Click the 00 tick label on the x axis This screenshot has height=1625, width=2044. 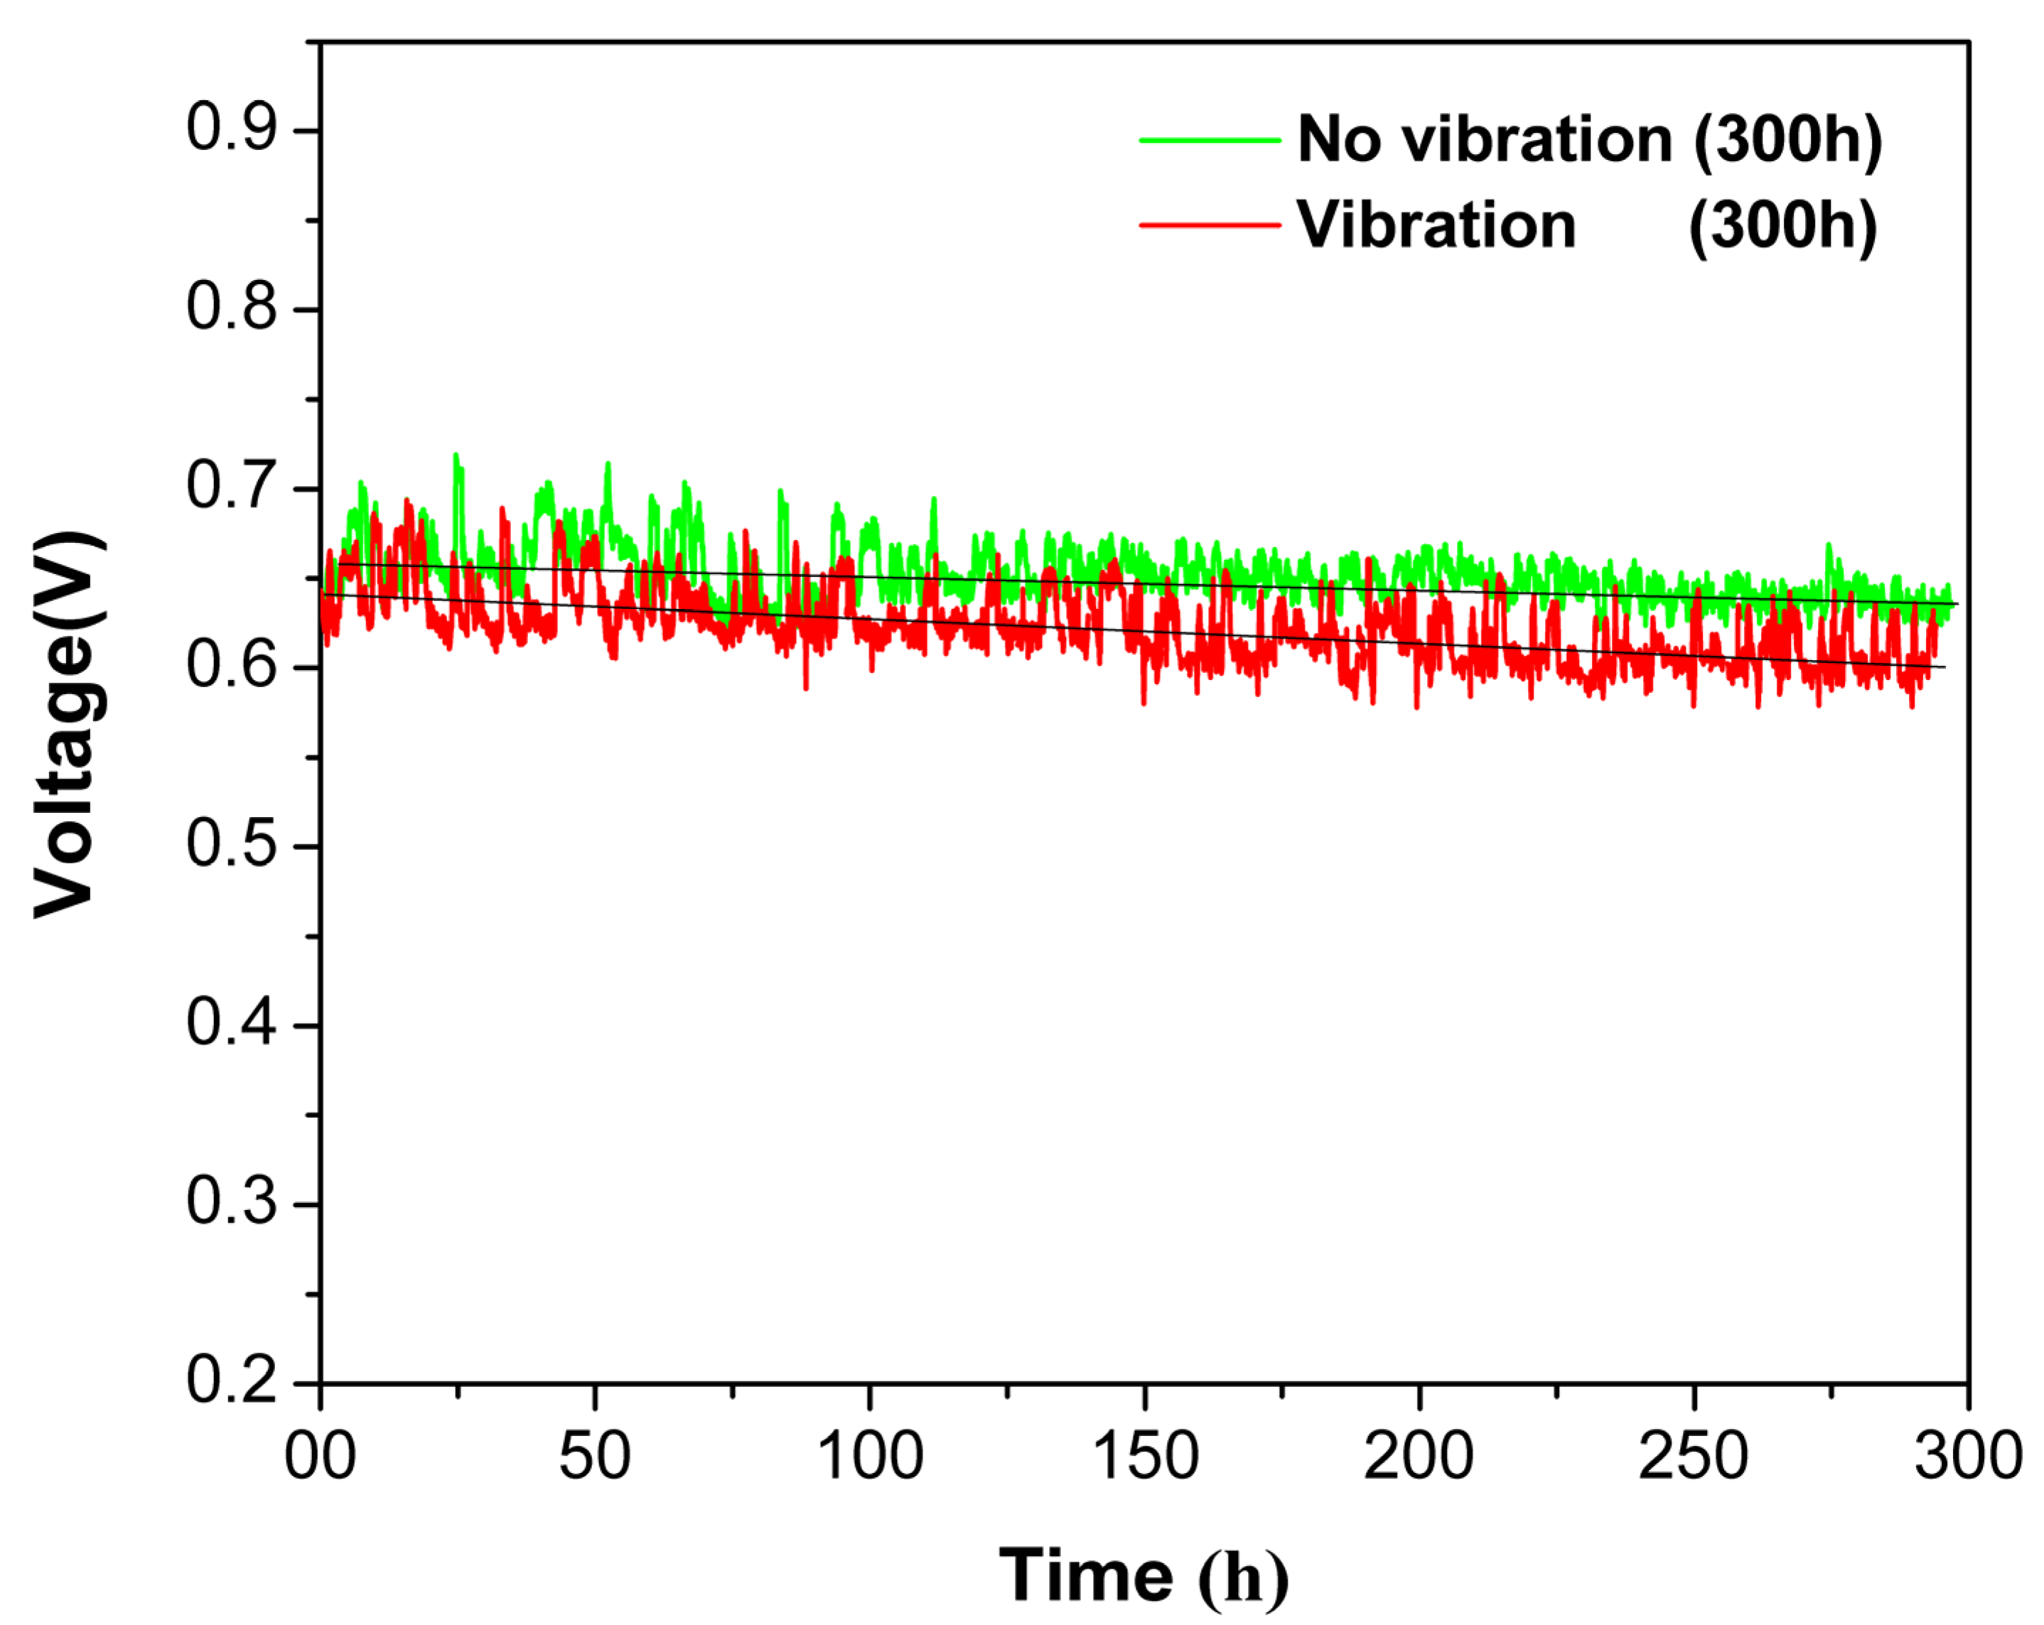[x=321, y=1457]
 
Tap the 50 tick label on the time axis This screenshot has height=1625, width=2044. [x=594, y=1457]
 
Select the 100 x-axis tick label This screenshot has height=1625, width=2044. [x=869, y=1457]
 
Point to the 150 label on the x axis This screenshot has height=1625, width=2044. [x=1145, y=1457]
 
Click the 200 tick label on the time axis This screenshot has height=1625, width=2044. [x=1419, y=1457]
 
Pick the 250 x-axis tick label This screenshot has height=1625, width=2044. [x=1693, y=1457]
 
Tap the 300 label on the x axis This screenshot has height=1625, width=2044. [x=1968, y=1457]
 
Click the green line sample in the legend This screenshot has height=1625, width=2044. [x=1210, y=140]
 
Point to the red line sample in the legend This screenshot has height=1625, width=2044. [x=1210, y=226]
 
